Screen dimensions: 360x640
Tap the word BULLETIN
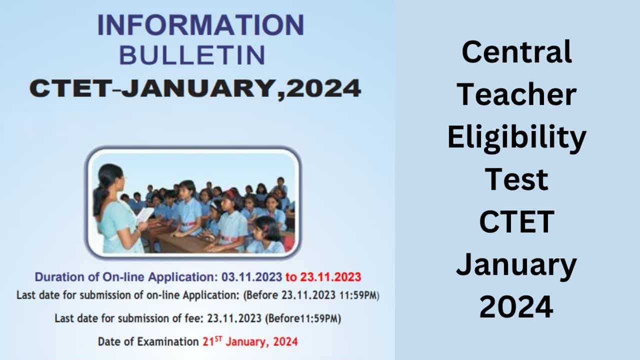(x=192, y=55)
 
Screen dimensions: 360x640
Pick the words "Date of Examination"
(x=148, y=342)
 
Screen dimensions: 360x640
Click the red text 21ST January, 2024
(x=250, y=342)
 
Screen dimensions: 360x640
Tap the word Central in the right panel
(x=516, y=52)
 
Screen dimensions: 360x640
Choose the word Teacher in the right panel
(x=516, y=95)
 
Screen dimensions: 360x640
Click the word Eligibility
(x=516, y=138)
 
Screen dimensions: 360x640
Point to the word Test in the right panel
(x=516, y=180)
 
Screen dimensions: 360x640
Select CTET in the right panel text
(x=516, y=222)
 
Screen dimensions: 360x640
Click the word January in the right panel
(x=516, y=265)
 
